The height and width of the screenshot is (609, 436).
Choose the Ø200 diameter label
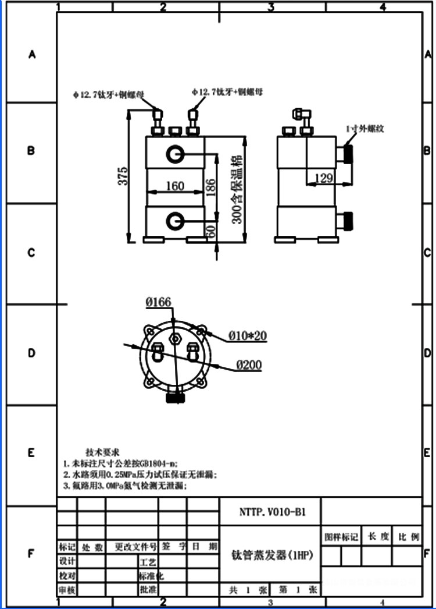click(249, 365)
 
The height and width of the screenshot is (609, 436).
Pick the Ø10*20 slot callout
click(247, 335)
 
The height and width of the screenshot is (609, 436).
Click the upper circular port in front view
click(175, 154)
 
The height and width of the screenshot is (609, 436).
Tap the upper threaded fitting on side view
click(348, 154)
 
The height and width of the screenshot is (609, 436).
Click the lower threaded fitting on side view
click(348, 221)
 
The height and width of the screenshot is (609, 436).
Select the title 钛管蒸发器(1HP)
click(272, 555)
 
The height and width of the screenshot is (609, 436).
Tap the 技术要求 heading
click(103, 452)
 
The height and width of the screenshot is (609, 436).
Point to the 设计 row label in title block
click(67, 561)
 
